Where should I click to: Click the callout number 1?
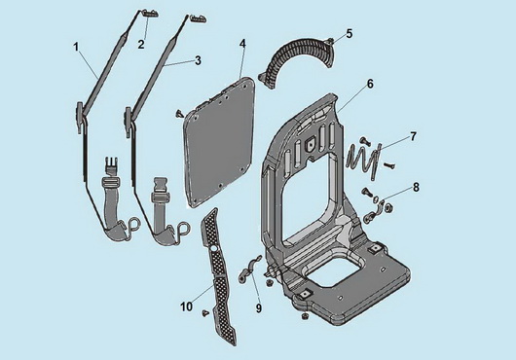coord(76,48)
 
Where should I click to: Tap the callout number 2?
coord(141,45)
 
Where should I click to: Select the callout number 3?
coord(198,60)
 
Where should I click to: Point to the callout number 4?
coord(242,44)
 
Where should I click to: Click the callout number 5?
coord(349,33)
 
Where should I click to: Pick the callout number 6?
coord(370,84)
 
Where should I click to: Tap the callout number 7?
coord(413,136)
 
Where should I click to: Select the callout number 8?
coord(416,188)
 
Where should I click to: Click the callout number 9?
coord(259,308)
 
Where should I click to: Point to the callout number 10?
coord(186,306)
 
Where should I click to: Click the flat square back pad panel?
coord(220,142)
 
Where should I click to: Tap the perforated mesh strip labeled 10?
coord(218,277)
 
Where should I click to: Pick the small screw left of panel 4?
coord(180,114)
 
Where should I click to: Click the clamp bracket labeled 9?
coord(249,268)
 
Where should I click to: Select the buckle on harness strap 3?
coord(160,190)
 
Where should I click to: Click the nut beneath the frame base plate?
coord(305,316)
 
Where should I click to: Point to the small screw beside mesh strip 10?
coord(205,313)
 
